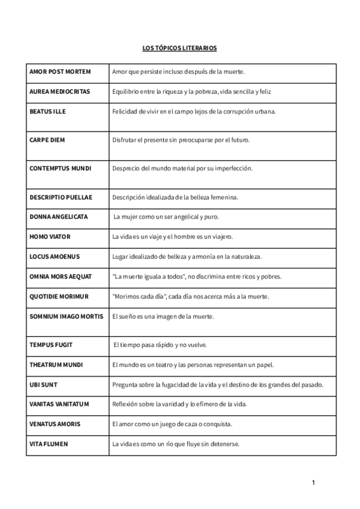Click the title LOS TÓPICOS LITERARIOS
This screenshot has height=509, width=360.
click(180, 47)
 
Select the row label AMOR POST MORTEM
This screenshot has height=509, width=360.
click(60, 72)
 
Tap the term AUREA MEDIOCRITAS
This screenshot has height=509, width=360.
click(59, 92)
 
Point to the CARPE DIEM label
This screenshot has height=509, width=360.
click(47, 140)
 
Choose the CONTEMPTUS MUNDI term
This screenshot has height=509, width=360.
click(60, 168)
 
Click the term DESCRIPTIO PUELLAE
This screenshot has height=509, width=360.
click(62, 197)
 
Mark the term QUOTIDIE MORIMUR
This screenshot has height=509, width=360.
click(59, 297)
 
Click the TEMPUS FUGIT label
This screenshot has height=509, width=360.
click(50, 345)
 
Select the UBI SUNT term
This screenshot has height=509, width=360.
click(43, 384)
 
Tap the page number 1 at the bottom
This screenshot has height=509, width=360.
click(313, 482)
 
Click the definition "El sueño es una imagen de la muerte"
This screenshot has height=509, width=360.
click(163, 316)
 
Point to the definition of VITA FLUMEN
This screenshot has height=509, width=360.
click(176, 444)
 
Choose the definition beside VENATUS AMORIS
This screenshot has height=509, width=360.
click(172, 424)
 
